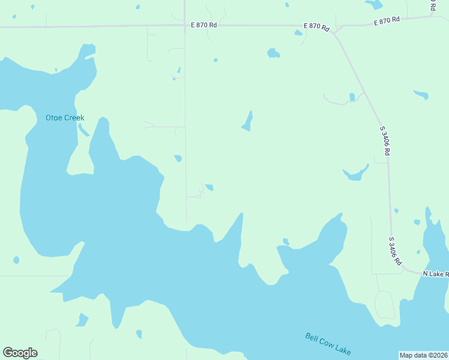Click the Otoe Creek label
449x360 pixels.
[65, 118]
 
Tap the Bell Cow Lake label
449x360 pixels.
[328, 344]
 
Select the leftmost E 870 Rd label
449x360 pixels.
[203, 25]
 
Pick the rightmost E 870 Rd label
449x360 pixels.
[387, 21]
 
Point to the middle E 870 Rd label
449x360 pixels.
[317, 27]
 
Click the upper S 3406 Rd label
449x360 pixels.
[385, 140]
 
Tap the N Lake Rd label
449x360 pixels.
[436, 274]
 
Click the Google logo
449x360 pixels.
[20, 353]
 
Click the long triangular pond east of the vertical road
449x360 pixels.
[247, 122]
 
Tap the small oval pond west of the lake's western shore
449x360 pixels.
[16, 260]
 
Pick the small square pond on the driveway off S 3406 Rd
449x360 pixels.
[352, 97]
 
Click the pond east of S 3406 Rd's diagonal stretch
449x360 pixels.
[421, 94]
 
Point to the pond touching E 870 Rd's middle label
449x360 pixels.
[298, 32]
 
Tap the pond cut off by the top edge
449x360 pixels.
[374, 4]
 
